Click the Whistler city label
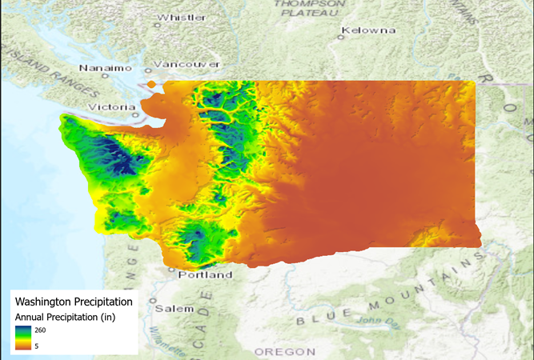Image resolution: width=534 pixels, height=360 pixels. click(183, 17)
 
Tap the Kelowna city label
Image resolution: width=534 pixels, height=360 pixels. click(369, 30)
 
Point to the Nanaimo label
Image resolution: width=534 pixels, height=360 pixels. click(105, 68)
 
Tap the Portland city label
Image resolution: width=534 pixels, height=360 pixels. click(206, 274)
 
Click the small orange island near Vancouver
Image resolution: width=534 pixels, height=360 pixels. click(151, 82)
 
